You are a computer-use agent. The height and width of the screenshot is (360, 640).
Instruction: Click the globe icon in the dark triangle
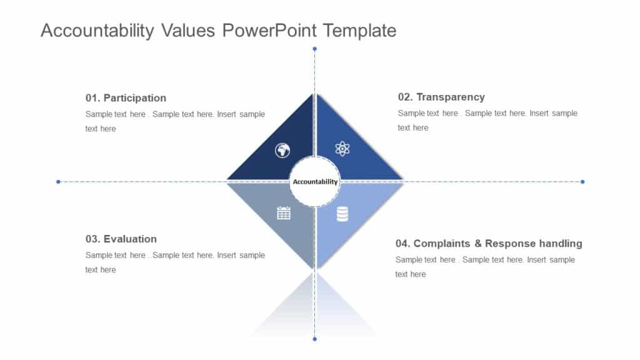(282, 150)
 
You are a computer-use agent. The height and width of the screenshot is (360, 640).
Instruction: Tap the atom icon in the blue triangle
(342, 149)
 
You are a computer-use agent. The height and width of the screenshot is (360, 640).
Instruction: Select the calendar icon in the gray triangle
(284, 213)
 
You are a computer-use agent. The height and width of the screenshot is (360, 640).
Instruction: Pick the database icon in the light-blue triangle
(342, 214)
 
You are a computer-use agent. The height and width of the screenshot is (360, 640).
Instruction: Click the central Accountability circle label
(315, 182)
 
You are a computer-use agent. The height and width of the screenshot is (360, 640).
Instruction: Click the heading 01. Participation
(126, 98)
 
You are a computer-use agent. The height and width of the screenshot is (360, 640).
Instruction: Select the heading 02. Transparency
(441, 97)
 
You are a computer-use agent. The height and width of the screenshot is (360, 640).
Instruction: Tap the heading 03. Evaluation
(121, 239)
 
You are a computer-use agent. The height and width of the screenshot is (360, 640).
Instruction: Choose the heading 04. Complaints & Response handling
(489, 243)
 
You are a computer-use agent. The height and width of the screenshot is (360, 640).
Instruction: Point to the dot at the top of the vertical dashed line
(314, 48)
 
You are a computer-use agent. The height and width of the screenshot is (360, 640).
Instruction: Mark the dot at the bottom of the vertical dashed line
(314, 339)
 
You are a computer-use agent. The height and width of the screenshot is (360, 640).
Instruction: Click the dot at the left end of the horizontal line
(58, 182)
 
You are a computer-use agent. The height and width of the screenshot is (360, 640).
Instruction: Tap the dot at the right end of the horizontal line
(582, 182)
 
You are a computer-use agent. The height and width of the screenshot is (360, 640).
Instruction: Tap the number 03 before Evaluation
(92, 239)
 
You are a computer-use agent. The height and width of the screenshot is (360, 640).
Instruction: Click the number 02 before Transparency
(404, 97)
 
